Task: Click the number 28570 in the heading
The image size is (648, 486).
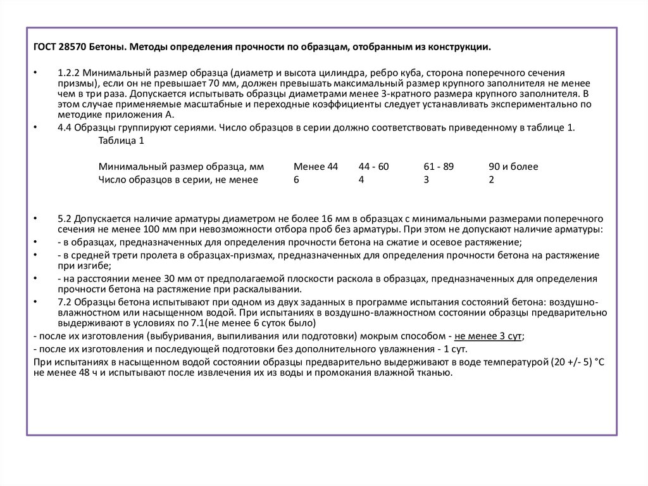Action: (x=72, y=48)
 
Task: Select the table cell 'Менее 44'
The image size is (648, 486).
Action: (x=316, y=167)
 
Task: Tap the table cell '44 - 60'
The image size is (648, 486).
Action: (x=373, y=167)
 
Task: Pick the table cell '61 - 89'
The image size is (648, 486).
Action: (x=439, y=167)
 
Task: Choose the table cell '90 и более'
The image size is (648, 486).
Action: (x=513, y=167)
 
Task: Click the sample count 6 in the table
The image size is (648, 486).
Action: (x=296, y=180)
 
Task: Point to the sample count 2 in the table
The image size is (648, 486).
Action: (x=491, y=180)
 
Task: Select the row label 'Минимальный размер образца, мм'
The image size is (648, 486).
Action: (x=181, y=167)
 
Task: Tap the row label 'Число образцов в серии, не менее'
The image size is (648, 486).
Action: (x=178, y=180)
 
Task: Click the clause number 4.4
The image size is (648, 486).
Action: (x=64, y=127)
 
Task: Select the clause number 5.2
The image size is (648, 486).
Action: (x=64, y=219)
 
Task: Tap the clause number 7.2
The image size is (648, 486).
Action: (x=64, y=302)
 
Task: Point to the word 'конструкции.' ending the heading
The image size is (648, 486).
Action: (x=461, y=48)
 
